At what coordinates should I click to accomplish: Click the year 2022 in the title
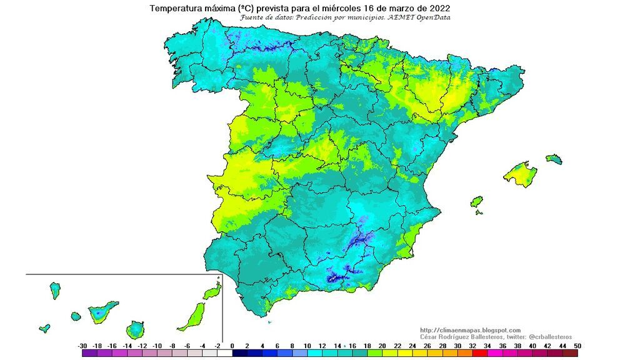click(437, 8)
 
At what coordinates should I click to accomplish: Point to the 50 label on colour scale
click(577, 346)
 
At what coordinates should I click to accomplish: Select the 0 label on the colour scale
click(232, 346)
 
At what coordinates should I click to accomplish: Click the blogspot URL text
click(470, 330)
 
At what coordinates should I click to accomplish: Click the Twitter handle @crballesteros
click(546, 337)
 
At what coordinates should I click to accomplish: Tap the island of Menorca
click(554, 159)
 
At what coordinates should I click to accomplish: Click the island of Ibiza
click(476, 202)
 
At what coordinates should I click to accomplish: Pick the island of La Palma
click(55, 289)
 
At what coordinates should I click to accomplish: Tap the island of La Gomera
click(76, 316)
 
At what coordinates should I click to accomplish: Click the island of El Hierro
click(44, 328)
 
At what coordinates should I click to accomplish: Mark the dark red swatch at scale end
click(570, 354)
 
